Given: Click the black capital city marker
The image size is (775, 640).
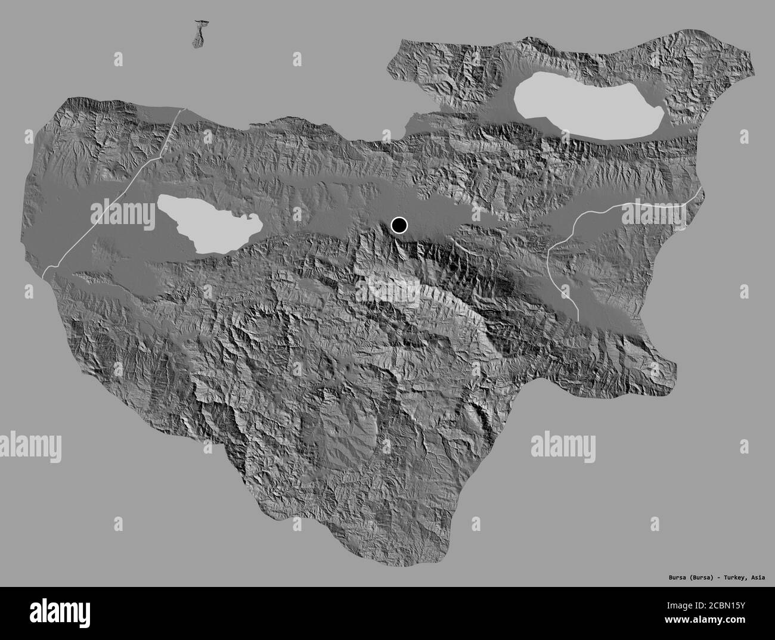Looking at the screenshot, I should coord(399,225).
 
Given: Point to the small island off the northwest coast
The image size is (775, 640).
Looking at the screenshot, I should coord(199,35).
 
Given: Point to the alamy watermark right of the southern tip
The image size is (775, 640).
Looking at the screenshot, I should coord(563,446).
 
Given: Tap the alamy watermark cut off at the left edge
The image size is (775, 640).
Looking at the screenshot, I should coord(30,446).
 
